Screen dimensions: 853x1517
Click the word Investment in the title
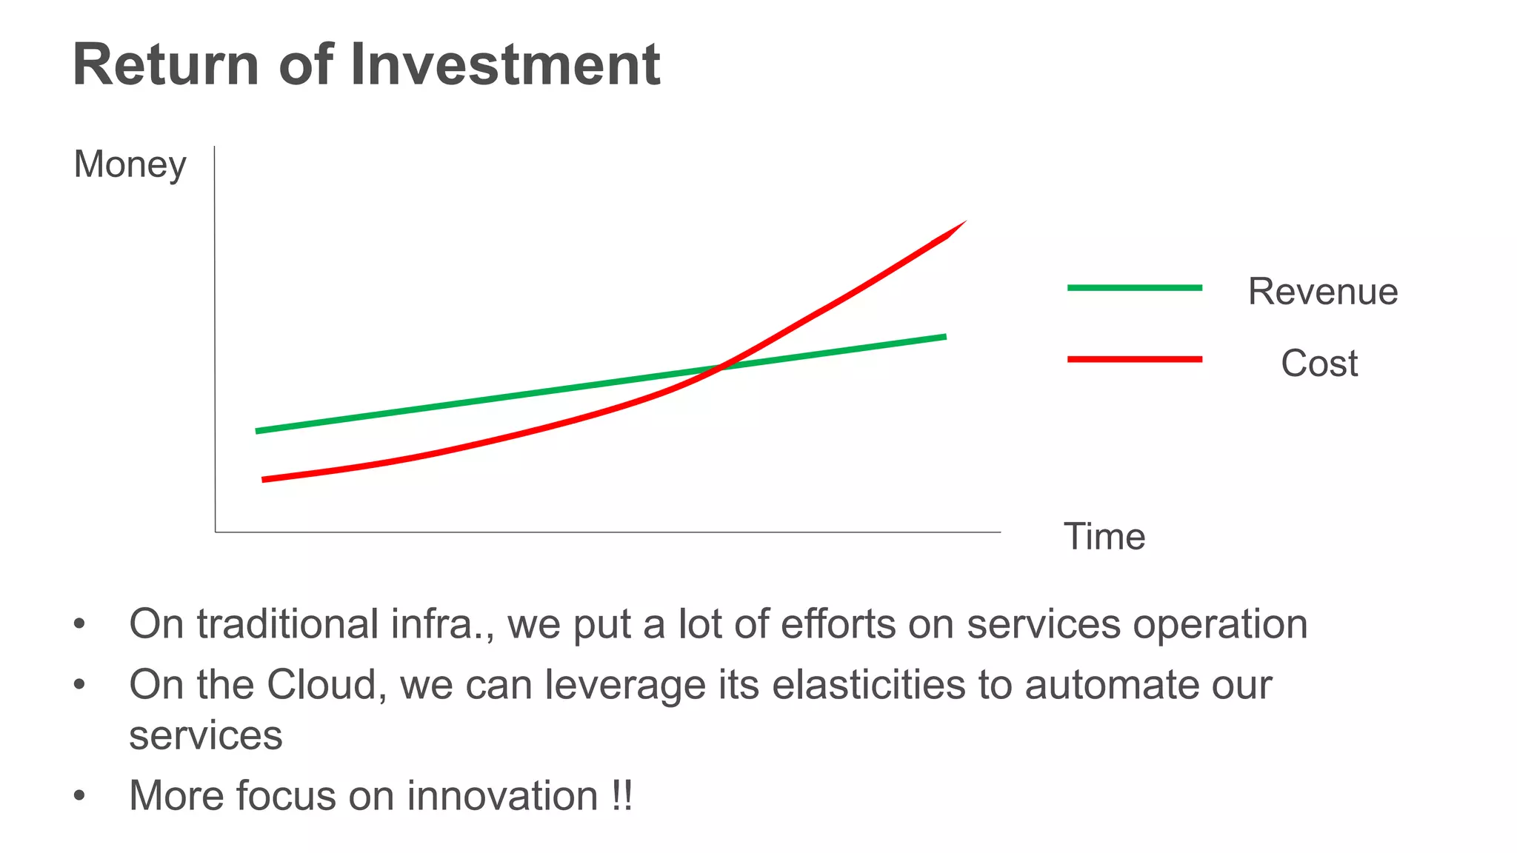504,65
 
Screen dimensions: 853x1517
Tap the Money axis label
130,164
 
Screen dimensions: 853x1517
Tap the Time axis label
1104,537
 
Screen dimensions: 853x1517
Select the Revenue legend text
1323,291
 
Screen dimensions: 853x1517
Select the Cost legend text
1319,364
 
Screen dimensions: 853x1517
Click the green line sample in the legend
1134,287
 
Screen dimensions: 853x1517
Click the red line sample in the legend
1134,359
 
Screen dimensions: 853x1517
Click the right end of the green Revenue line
943,337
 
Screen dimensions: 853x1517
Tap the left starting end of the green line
259,430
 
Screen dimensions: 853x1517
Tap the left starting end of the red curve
265,479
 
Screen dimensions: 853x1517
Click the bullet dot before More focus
79,797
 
